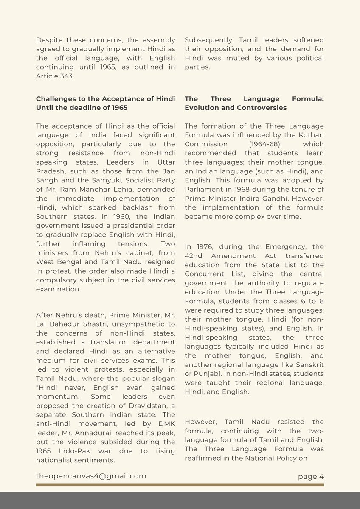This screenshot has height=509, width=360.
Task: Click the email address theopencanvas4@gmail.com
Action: point(91,476)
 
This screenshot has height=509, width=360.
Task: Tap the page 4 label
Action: point(311,476)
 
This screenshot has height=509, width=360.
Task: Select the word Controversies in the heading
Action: point(263,108)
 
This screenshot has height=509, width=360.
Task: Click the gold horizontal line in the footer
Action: point(180,484)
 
